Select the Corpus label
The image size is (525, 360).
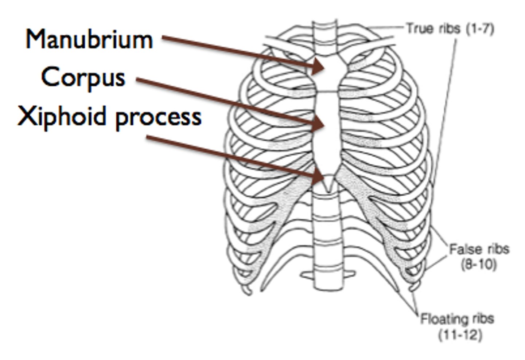pos(83,77)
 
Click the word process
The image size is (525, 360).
pos(158,118)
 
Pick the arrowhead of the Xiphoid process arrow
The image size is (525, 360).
pos(319,176)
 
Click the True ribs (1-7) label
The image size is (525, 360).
pos(450,28)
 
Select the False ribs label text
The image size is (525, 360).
pos(479,250)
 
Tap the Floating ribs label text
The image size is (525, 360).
pos(457,319)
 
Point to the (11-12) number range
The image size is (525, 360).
pos(460,334)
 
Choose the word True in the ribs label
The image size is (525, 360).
pos(418,28)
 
